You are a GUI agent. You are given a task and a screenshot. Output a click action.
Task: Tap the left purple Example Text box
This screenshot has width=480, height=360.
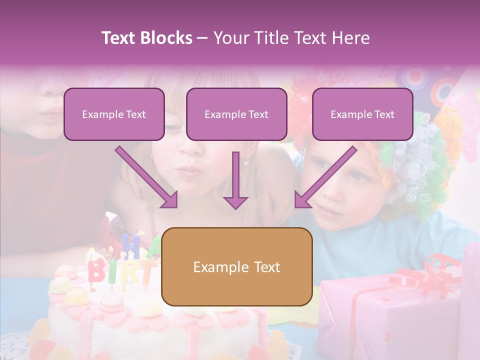point(114,114)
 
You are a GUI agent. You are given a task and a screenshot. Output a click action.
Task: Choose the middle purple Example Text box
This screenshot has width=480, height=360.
point(236,114)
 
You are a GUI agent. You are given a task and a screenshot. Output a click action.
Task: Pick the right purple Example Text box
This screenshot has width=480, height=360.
point(362,114)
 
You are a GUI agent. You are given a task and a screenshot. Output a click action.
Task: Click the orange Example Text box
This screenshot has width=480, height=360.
point(237,266)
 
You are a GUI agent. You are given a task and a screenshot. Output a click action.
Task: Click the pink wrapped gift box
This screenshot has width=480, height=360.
point(390,310)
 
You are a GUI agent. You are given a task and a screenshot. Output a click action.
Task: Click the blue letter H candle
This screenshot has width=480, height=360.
point(131,246)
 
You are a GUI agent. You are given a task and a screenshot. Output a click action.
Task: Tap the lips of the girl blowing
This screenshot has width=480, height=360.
point(190,171)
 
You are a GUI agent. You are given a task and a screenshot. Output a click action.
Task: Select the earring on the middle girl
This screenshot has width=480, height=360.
point(246,162)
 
